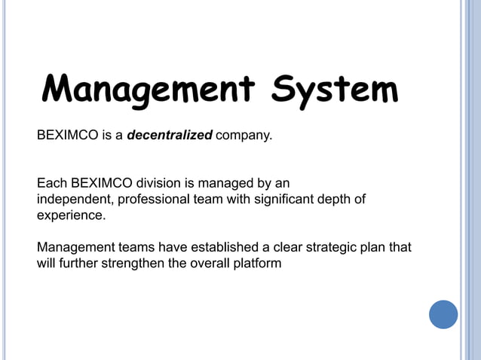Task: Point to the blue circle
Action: (x=443, y=314)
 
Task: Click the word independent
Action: (x=70, y=199)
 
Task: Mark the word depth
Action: (x=337, y=199)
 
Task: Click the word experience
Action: (x=71, y=215)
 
